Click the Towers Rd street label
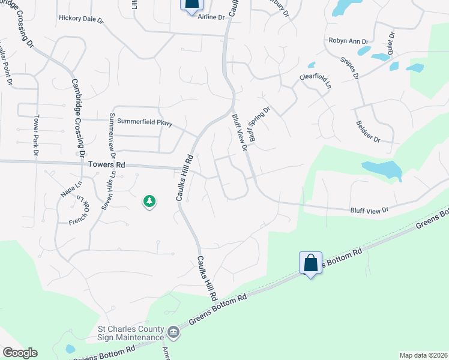[107, 164]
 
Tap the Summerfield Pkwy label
[144, 123]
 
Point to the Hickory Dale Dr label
[81, 19]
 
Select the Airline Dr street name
[211, 17]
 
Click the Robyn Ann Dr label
[348, 41]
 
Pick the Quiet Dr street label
[391, 43]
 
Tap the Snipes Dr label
[349, 69]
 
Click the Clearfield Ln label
[316, 82]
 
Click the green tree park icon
[149, 202]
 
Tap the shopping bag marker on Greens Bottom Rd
[310, 263]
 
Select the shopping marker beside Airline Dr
[191, 5]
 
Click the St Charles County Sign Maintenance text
[131, 334]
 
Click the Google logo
[20, 353]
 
